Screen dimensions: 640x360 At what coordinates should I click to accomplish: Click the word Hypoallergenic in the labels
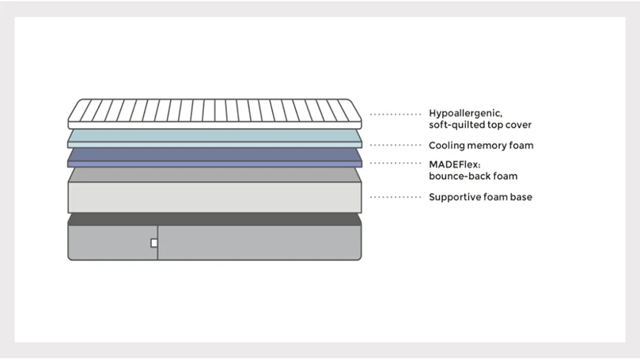[465, 113]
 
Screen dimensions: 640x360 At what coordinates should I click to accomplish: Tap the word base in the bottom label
[521, 197]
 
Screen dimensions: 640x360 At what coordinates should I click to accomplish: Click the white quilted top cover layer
[214, 114]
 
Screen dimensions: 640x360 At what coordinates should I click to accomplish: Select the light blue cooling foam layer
[214, 138]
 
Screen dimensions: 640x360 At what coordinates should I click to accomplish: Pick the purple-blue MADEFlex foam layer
[214, 157]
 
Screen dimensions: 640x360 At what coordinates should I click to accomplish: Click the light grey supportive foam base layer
[214, 190]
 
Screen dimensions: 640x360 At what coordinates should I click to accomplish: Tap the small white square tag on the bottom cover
[154, 243]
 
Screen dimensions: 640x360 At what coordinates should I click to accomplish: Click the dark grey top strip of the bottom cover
[214, 219]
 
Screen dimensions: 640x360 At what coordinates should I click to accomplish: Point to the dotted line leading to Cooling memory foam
[395, 145]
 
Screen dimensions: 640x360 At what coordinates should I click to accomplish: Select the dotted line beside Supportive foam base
[395, 197]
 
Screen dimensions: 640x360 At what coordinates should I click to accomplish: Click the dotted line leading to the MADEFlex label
[395, 163]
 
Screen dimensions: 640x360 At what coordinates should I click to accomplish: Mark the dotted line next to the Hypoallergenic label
[395, 114]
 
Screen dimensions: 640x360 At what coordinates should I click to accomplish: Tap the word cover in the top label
[518, 125]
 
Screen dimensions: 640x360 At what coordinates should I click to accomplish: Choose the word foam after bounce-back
[506, 176]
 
